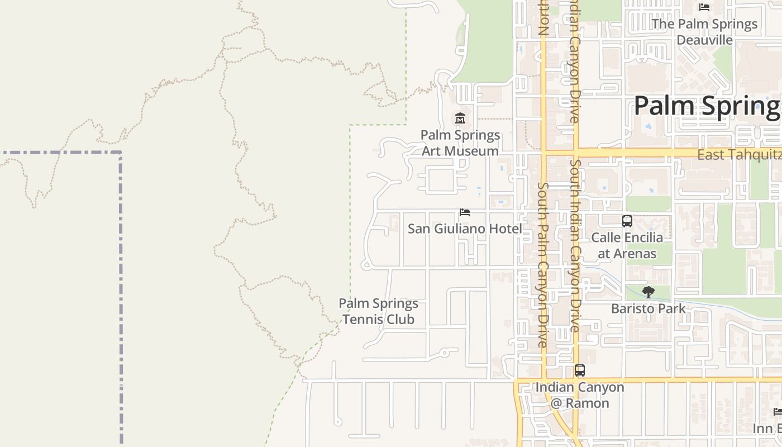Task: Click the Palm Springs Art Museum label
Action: click(x=460, y=143)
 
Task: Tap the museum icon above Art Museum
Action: click(x=460, y=118)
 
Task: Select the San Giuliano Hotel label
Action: click(x=465, y=229)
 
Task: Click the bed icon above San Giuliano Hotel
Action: click(x=464, y=212)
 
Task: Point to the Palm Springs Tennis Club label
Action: click(x=378, y=311)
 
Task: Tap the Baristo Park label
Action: click(x=648, y=308)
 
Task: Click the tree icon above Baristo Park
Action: click(x=648, y=292)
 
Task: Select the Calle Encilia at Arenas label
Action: click(x=627, y=245)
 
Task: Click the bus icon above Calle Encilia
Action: click(x=627, y=221)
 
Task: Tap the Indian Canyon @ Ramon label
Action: click(x=580, y=395)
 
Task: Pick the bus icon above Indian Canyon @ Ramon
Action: click(x=580, y=370)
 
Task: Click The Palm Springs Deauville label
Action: click(x=704, y=32)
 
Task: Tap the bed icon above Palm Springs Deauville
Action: click(x=704, y=7)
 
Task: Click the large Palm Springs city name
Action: click(x=707, y=106)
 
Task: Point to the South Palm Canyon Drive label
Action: click(x=542, y=265)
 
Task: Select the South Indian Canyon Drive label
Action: click(x=575, y=246)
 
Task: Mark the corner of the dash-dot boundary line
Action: click(x=121, y=153)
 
